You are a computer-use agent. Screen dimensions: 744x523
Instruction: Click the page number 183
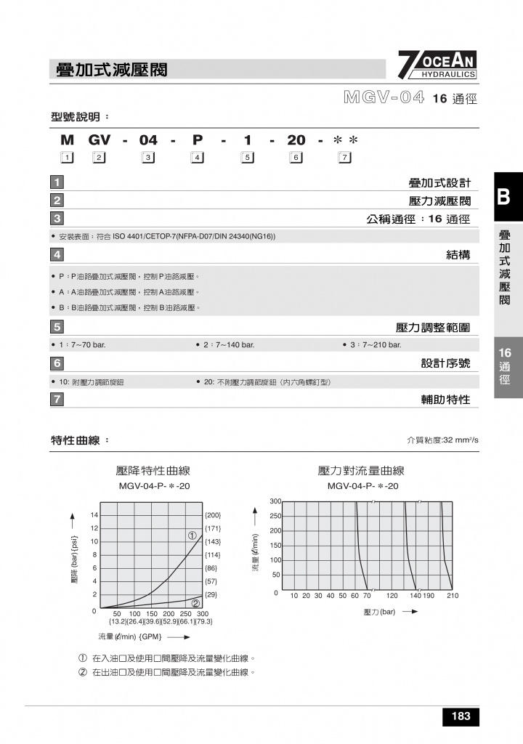461,716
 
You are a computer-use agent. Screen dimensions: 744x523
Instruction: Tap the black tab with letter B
508,197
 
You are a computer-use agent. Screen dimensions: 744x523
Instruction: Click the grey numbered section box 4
57,254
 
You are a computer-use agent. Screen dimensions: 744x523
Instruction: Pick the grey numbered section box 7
57,399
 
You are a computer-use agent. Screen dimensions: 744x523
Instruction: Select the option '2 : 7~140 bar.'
224,344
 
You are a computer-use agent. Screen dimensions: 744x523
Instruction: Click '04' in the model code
148,140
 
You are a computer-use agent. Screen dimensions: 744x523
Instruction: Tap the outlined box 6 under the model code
295,158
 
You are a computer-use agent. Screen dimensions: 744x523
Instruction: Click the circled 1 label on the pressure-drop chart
192,535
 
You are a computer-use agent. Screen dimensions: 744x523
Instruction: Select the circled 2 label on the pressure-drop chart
195,603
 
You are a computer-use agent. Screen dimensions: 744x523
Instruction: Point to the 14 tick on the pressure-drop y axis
94,515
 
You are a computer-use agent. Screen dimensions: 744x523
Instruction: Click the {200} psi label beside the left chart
213,515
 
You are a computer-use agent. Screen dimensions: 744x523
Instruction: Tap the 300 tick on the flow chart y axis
275,501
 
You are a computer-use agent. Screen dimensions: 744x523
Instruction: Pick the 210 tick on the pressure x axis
453,596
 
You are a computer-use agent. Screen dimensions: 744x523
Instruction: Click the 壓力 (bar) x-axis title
379,612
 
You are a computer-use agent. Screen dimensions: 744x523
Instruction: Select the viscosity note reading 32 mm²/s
443,440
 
